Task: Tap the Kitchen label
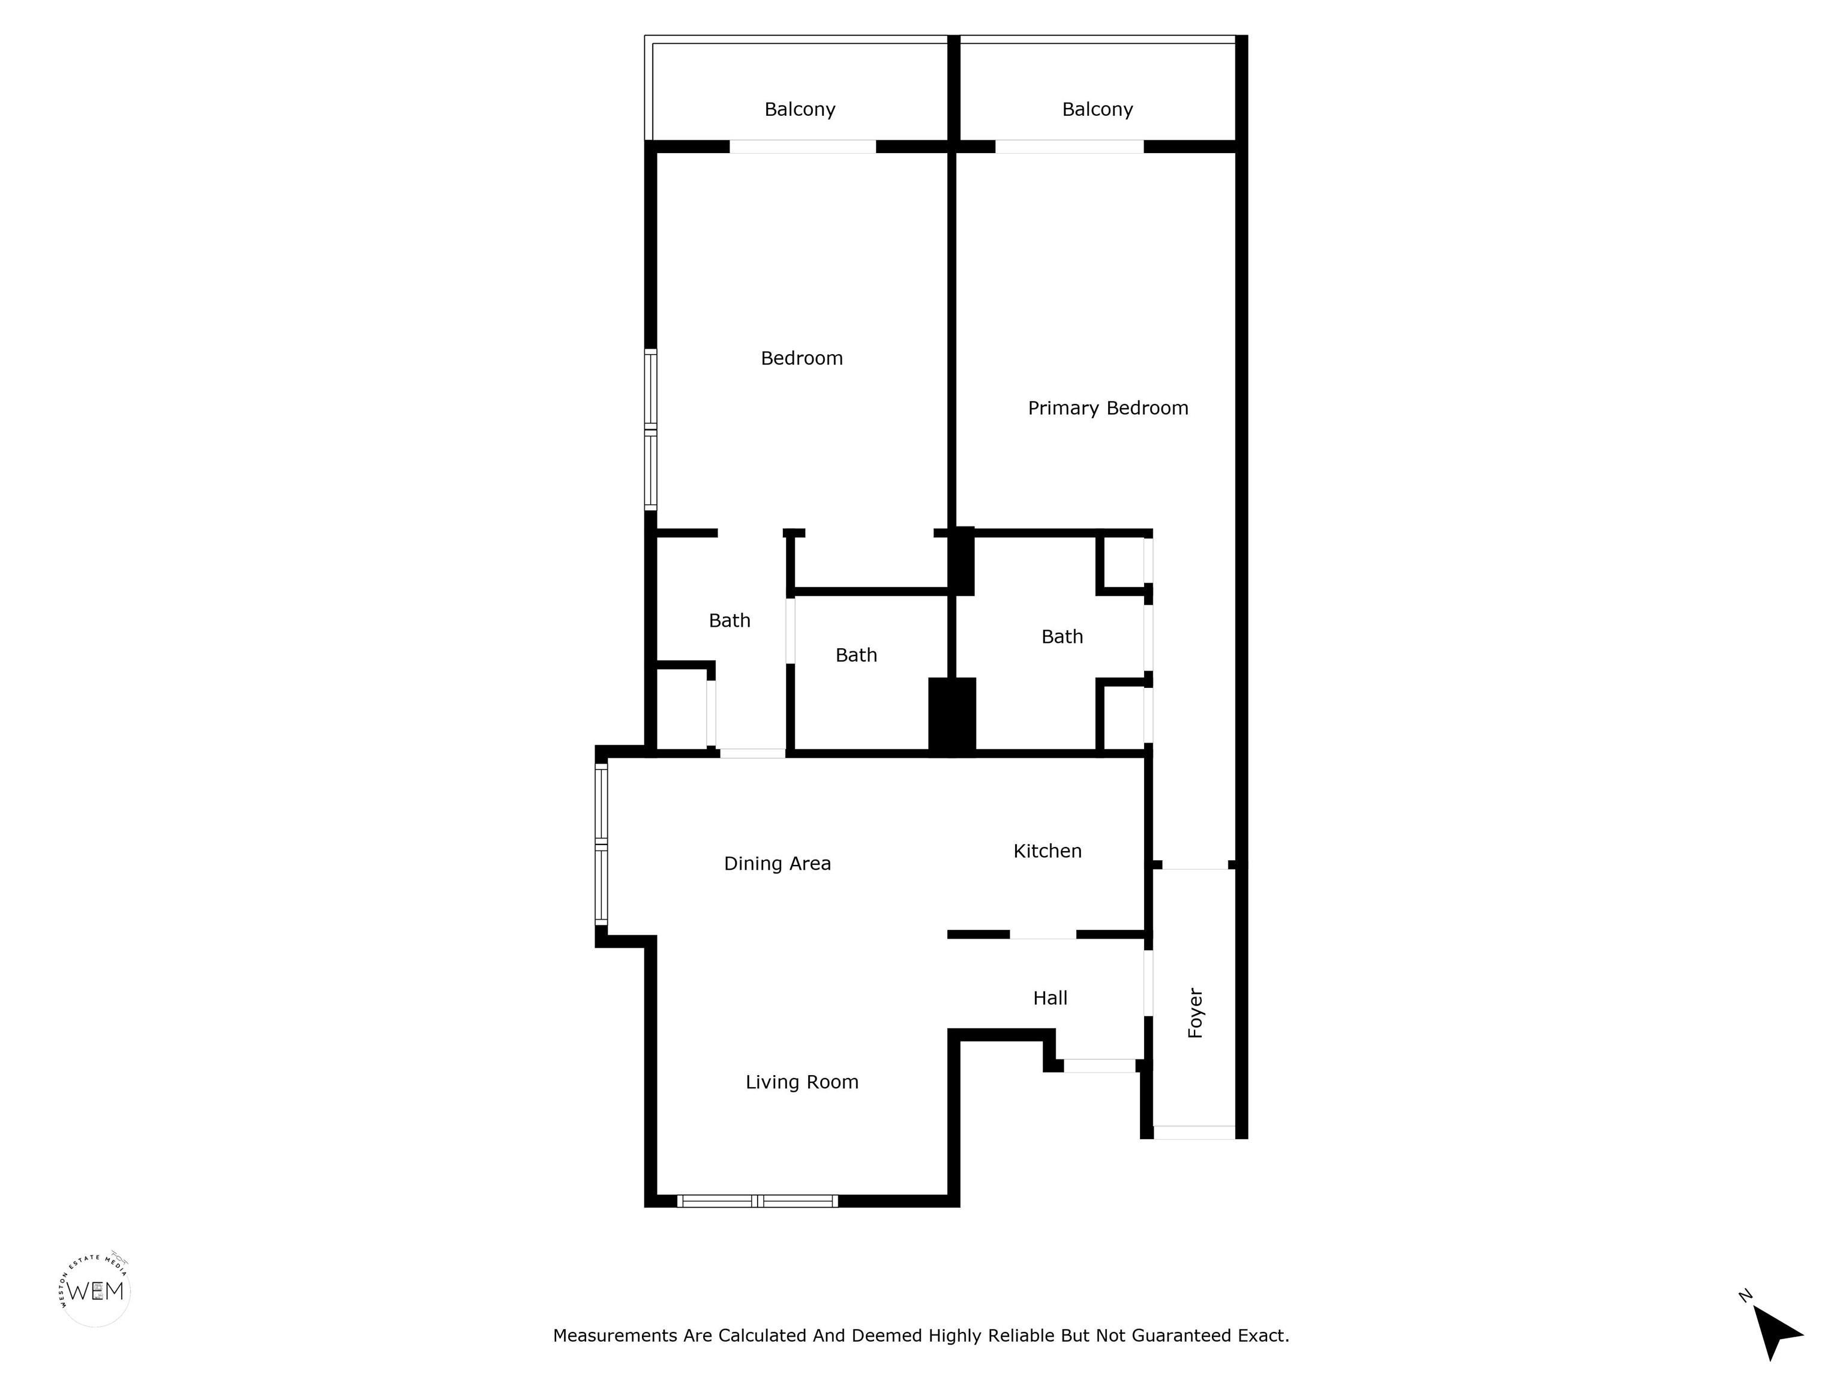click(1047, 851)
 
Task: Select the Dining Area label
click(778, 864)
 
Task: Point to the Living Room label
click(802, 1082)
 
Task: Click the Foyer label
click(1196, 1013)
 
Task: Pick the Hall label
click(1050, 998)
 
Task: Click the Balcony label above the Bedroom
click(800, 109)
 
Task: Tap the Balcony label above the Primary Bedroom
click(1097, 109)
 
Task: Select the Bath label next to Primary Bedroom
click(1062, 637)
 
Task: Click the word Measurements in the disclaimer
click(616, 1336)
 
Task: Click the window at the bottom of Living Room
click(757, 1201)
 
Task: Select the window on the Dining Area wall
click(602, 845)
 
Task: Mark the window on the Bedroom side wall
click(651, 429)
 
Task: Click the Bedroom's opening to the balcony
click(802, 146)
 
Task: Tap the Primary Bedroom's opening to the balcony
click(1069, 146)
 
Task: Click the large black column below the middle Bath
click(952, 716)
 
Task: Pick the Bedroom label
click(802, 358)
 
